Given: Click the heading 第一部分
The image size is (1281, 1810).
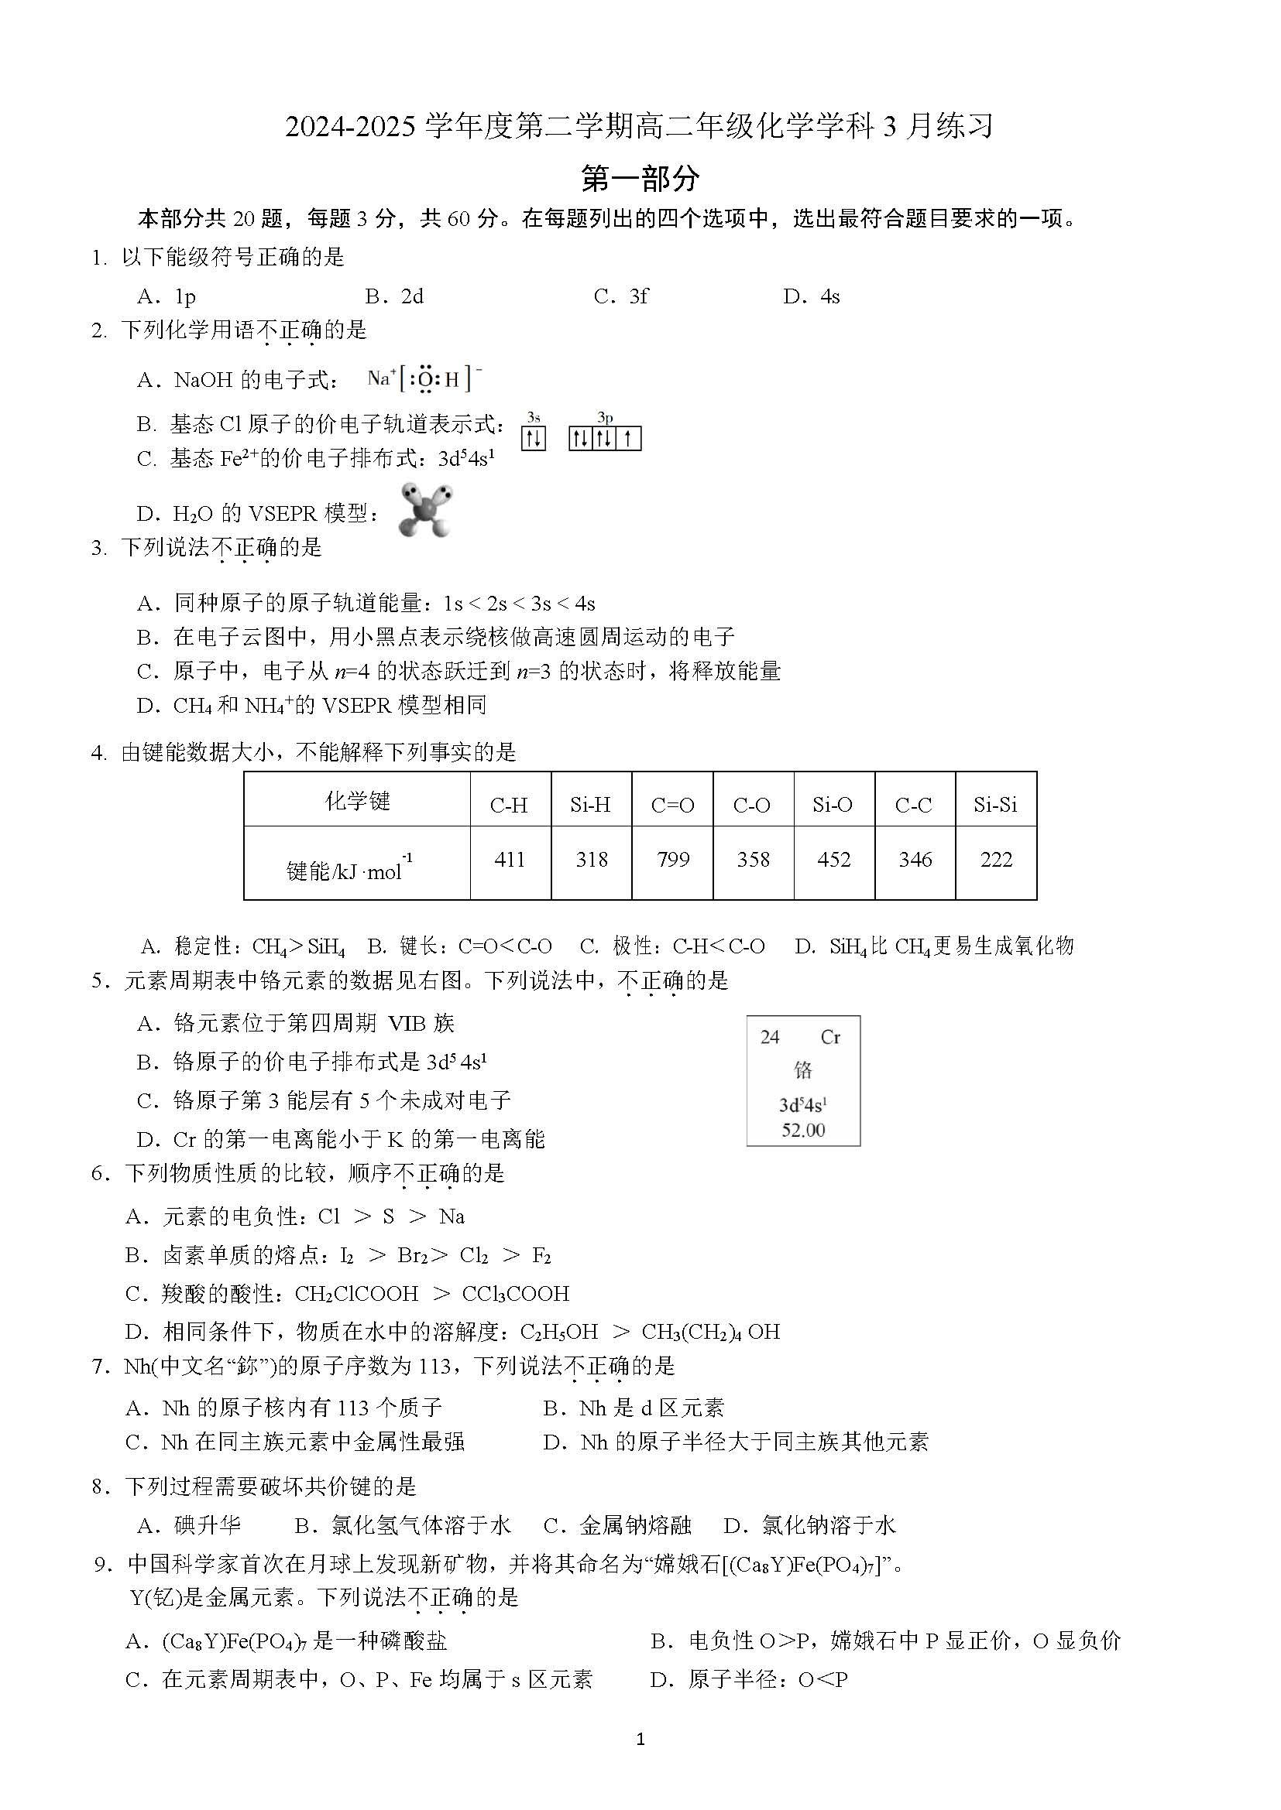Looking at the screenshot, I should [640, 179].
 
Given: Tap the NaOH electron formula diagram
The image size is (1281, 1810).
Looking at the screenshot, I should [424, 379].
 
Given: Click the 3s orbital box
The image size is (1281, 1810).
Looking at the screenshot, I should [533, 437].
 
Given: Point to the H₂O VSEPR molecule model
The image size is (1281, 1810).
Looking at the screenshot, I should [426, 509].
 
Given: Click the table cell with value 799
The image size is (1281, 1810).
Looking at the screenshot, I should [673, 859].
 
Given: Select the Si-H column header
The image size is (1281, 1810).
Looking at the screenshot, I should [591, 805].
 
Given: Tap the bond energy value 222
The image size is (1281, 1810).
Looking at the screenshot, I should [995, 859].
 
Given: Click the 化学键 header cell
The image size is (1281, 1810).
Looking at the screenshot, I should [357, 802].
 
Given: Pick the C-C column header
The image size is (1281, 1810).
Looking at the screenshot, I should [913, 805].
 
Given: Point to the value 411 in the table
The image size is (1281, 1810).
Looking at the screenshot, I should [510, 859].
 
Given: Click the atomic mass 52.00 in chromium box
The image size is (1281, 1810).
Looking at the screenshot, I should [803, 1130].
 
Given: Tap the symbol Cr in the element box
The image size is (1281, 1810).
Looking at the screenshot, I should [829, 1038].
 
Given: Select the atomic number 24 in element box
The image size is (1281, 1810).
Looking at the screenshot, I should [770, 1038].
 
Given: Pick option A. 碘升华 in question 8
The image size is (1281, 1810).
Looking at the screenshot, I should [189, 1525].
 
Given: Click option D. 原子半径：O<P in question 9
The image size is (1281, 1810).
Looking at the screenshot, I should [749, 1679].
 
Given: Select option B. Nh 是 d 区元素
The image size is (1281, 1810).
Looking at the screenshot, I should [634, 1408].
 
